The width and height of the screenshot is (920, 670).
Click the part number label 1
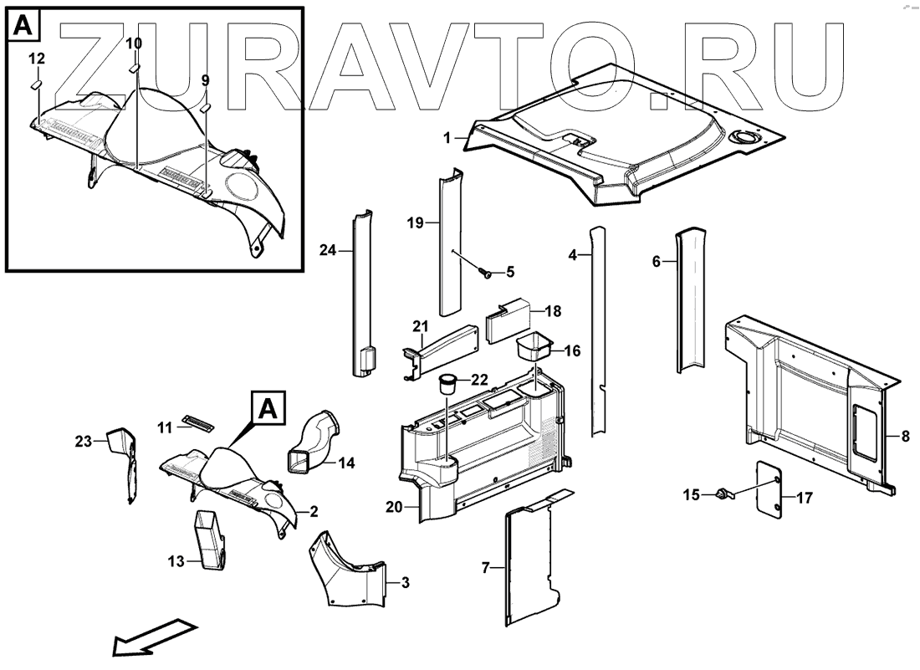[447, 139]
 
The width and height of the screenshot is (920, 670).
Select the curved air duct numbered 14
[313, 440]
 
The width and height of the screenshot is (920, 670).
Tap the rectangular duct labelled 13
[212, 540]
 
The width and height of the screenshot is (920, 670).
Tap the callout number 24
[328, 250]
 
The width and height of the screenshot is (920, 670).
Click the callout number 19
[416, 223]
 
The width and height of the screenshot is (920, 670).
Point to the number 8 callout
[905, 437]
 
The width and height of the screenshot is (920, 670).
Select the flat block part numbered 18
[508, 321]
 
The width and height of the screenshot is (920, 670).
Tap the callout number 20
[394, 506]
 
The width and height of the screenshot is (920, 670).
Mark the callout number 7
[485, 568]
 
